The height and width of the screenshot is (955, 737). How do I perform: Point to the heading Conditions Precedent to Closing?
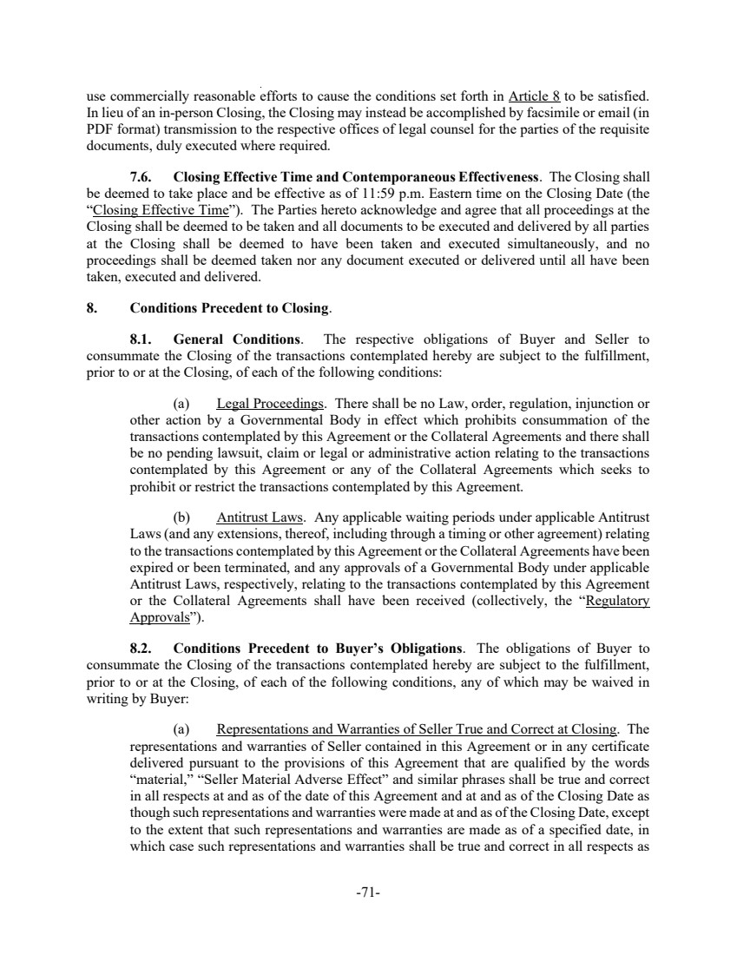pos(229,307)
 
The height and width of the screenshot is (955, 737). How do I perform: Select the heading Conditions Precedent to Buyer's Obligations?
pos(318,648)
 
